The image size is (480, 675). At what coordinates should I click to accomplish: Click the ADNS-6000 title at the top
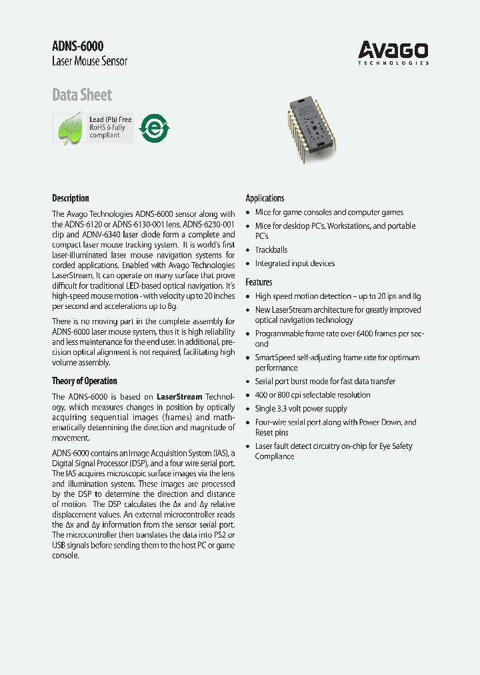coord(77,46)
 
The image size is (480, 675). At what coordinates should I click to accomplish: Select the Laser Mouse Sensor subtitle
coord(89,61)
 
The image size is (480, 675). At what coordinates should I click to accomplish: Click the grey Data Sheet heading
coord(82,95)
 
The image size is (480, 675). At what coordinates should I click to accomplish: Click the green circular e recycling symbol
coord(158,127)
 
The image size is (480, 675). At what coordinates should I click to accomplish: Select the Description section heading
coord(70,198)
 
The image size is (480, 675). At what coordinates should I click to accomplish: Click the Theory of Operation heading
coord(84,381)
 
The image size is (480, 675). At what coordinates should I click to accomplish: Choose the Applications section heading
coord(265,198)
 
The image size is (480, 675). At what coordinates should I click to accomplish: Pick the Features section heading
coord(259,282)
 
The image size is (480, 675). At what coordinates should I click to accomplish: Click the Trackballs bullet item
coord(271,250)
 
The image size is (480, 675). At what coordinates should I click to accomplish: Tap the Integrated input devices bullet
coord(295,263)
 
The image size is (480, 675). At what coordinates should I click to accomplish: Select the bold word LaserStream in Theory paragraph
coord(179,396)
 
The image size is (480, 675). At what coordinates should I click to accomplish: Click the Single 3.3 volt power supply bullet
coord(301,409)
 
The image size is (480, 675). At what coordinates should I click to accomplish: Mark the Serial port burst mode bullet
coord(325,382)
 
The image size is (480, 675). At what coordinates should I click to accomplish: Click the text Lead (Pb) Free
coord(111,119)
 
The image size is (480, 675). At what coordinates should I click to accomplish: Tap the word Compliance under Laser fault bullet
coord(274,457)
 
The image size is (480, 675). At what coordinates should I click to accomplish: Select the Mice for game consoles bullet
coord(329,213)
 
